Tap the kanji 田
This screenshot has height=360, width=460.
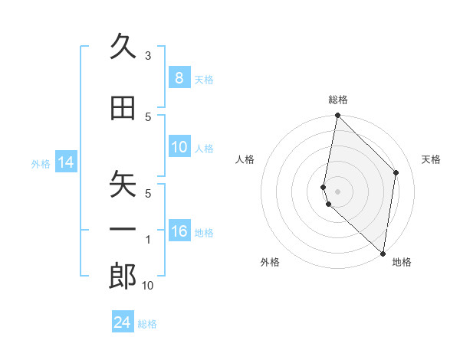pyautogui.click(x=123, y=109)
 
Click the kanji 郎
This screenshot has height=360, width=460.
pyautogui.click(x=123, y=277)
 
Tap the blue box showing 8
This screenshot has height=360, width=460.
pyautogui.click(x=179, y=77)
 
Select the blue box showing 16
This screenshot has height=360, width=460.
pyautogui.click(x=179, y=232)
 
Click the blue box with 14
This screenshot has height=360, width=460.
pyautogui.click(x=65, y=162)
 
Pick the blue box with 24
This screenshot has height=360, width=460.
pyautogui.click(x=123, y=322)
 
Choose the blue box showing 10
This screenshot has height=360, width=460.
pyautogui.click(x=179, y=147)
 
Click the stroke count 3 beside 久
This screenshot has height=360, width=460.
pyautogui.click(x=148, y=56)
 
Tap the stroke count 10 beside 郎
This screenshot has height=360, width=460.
pyautogui.click(x=148, y=286)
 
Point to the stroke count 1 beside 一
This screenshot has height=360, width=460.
pyautogui.click(x=148, y=240)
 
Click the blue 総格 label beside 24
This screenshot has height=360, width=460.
pyautogui.click(x=147, y=324)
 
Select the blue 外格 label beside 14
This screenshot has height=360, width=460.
pyautogui.click(x=41, y=163)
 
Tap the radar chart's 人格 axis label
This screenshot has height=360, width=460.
pyautogui.click(x=245, y=159)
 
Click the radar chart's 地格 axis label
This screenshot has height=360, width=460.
pyautogui.click(x=402, y=262)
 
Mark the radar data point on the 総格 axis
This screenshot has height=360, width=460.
pyautogui.click(x=337, y=116)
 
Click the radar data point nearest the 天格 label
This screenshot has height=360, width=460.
pyautogui.click(x=396, y=172)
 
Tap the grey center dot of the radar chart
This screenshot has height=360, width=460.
pyautogui.click(x=337, y=190)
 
